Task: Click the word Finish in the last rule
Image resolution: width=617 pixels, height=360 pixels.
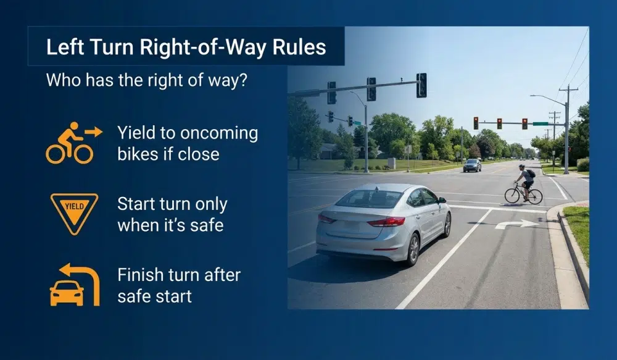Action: [139, 275]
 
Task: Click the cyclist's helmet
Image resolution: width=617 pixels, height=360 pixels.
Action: [521, 166]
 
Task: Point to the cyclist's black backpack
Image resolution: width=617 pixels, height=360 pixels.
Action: [530, 174]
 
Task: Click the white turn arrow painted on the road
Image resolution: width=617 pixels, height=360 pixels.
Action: [516, 224]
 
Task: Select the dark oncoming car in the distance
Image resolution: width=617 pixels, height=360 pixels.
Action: [473, 165]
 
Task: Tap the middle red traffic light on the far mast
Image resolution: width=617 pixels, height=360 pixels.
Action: [499, 123]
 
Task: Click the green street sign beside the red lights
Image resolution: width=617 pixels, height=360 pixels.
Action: [540, 123]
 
